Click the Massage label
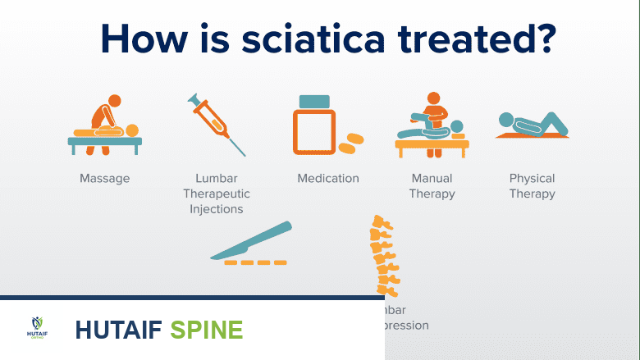tap(104, 178)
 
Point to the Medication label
tap(327, 178)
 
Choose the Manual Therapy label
tap(432, 186)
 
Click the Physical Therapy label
tap(532, 186)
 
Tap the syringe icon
tap(215, 124)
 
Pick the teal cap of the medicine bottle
tap(315, 102)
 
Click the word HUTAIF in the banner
tap(118, 330)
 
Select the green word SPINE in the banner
tap(206, 330)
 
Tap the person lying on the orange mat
tap(528, 123)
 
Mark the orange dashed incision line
tap(255, 262)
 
